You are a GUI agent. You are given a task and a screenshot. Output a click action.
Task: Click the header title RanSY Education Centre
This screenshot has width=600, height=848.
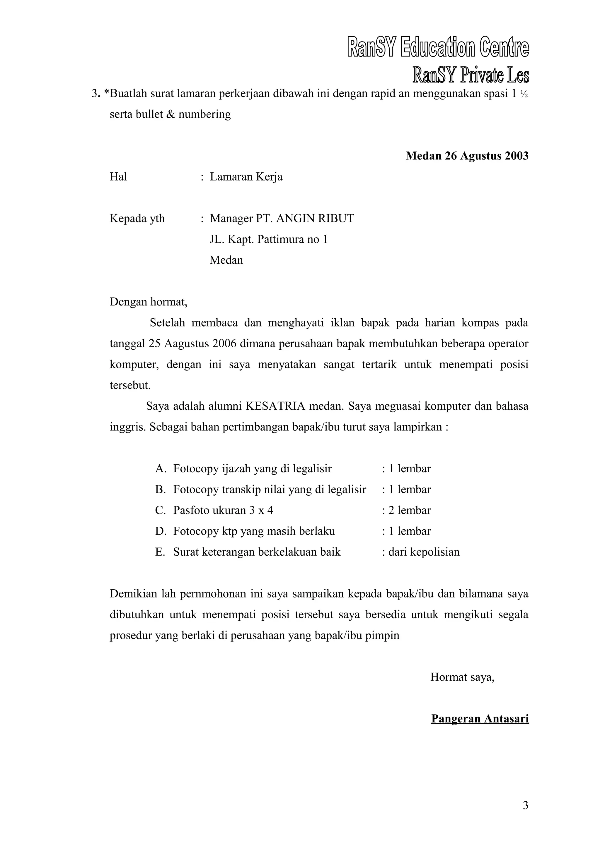click(438, 48)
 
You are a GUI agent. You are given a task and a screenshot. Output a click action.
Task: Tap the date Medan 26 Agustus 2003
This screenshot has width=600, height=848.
click(467, 156)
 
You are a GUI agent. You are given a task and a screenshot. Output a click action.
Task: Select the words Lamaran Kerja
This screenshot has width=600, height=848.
click(246, 177)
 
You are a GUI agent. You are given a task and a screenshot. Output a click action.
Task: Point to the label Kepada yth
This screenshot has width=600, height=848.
click(137, 219)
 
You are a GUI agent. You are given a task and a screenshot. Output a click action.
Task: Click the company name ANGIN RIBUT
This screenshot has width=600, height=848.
click(315, 219)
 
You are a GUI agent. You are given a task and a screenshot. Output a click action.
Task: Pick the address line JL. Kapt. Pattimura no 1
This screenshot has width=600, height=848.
click(269, 239)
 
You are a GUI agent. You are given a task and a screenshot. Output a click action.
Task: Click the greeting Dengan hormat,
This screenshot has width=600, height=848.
click(149, 302)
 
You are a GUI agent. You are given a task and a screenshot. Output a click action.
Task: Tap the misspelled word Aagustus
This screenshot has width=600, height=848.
click(187, 344)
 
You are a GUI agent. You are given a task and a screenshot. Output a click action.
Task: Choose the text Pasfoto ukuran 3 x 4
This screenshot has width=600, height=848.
click(223, 510)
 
